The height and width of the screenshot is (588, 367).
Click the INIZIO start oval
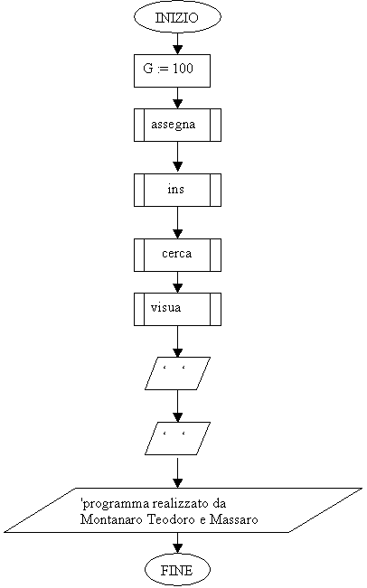pyautogui.click(x=177, y=17)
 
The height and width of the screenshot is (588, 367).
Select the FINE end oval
pyautogui.click(x=177, y=570)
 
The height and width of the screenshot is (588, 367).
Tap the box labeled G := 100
pyautogui.click(x=172, y=70)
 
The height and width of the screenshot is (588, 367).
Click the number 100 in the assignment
pyautogui.click(x=183, y=69)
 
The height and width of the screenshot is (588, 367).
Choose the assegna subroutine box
pyautogui.click(x=177, y=125)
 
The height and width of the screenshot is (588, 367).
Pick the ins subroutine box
pyautogui.click(x=177, y=190)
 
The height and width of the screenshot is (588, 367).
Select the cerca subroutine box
pyautogui.click(x=177, y=255)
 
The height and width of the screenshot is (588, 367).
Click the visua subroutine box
pyautogui.click(x=177, y=309)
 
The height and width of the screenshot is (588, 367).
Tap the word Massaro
pyautogui.click(x=234, y=519)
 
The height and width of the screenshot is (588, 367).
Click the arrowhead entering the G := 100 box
pyautogui.click(x=177, y=50)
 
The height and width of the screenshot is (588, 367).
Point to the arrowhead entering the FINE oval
pyautogui.click(x=177, y=549)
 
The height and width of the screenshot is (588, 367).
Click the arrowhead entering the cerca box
pyautogui.click(x=177, y=234)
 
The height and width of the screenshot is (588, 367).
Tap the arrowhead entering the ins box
pyautogui.click(x=177, y=168)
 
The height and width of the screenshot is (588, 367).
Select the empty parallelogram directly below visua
pyautogui.click(x=177, y=374)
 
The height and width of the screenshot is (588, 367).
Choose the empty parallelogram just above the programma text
pyautogui.click(x=177, y=438)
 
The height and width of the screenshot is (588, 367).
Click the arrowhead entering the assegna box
pyautogui.click(x=177, y=104)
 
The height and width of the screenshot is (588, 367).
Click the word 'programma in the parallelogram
pyautogui.click(x=115, y=504)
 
